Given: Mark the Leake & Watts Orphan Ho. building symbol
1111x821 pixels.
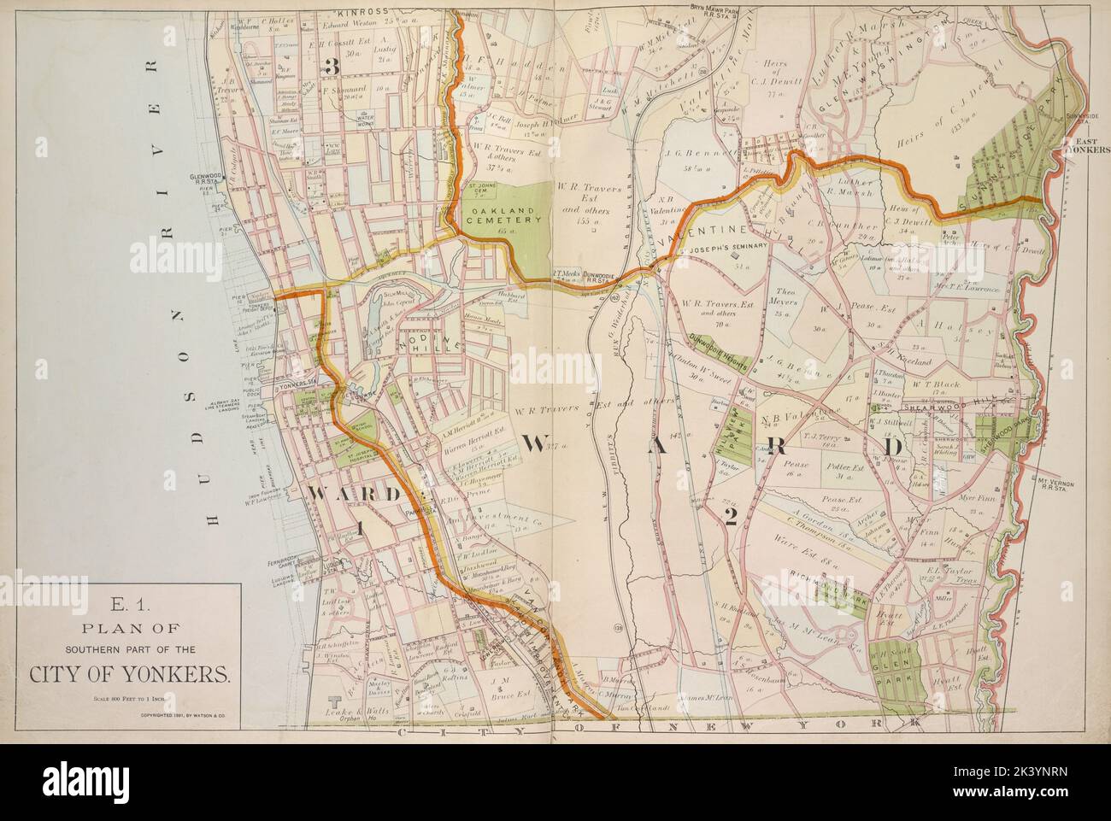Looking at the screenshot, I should click(x=335, y=701).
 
